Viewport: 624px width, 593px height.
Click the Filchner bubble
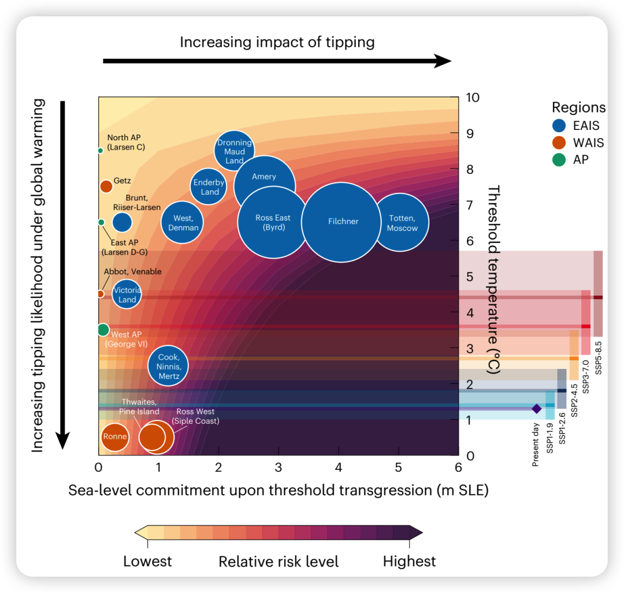[x=343, y=222]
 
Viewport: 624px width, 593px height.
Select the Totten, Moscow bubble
[x=402, y=223]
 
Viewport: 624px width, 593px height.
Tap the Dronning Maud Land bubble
[x=234, y=151]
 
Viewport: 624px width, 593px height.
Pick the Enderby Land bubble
[x=209, y=187]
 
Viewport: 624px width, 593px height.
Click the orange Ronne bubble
[x=114, y=437]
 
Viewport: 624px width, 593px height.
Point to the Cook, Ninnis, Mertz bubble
[x=168, y=366]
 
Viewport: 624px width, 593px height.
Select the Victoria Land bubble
[x=127, y=294]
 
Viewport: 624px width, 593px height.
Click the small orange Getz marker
[x=106, y=186]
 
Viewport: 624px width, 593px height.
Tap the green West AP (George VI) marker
[x=103, y=330]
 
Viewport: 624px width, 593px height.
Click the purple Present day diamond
[x=536, y=409]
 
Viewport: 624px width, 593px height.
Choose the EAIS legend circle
[x=559, y=126]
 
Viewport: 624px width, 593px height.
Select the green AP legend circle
[x=559, y=159]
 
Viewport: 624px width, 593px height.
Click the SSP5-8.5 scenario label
[x=599, y=359]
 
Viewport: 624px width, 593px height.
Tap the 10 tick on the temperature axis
[x=473, y=97]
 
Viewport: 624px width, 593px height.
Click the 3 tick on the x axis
[x=278, y=467]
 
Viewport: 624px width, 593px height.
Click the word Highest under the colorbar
[x=409, y=561]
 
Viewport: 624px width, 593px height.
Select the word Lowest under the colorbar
[x=147, y=561]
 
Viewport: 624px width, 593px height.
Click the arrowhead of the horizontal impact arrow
[x=444, y=61]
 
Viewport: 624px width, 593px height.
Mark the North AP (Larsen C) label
[x=126, y=142]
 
